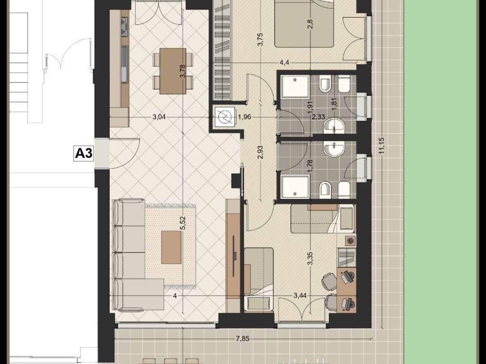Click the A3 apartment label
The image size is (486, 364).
click(84, 153)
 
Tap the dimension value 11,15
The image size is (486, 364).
click(381, 145)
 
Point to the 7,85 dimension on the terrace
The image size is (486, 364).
click(243, 338)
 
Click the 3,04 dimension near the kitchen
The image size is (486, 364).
click(159, 117)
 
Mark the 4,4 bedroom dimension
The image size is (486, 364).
click(284, 63)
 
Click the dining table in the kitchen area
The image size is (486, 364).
click(173, 71)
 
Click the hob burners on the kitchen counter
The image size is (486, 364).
click(125, 26)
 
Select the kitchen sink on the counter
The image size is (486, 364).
click(125, 64)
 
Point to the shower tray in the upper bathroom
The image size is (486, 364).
click(295, 87)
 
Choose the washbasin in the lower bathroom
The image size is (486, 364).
click(334, 148)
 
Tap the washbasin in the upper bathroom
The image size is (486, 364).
click(334, 127)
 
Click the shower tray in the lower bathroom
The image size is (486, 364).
click(295, 187)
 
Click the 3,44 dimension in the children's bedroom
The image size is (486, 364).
click(300, 296)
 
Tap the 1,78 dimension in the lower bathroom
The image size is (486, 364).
click(309, 165)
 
